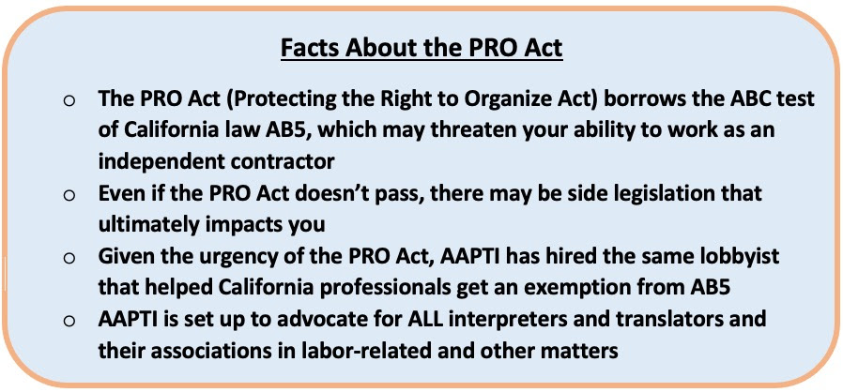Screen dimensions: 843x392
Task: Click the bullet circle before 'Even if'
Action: [x=69, y=195]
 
